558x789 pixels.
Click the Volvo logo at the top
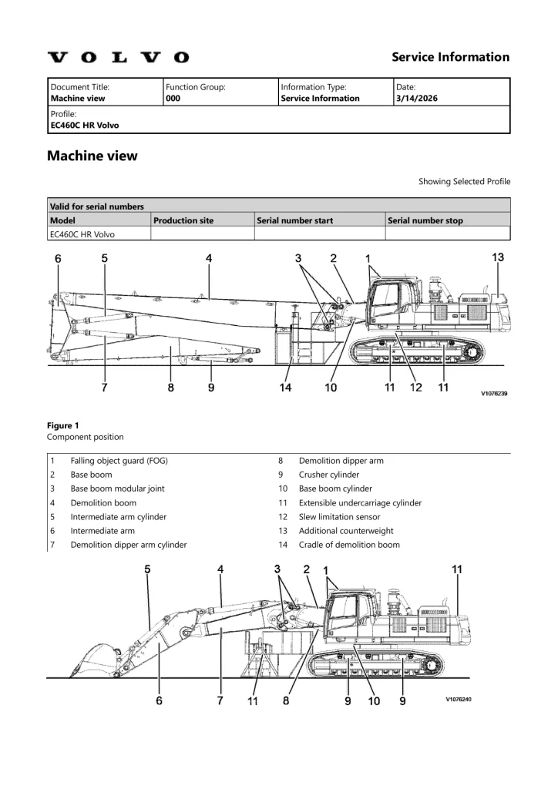(118, 57)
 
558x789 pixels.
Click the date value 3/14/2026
(415, 99)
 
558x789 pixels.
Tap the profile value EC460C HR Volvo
(85, 125)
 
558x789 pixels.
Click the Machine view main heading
(92, 156)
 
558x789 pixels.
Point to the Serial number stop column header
(425, 220)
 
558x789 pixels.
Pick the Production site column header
(183, 220)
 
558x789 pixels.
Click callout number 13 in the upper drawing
(498, 257)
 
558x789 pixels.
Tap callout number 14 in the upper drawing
(286, 388)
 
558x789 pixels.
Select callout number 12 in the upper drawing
(415, 388)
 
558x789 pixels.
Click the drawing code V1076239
(493, 393)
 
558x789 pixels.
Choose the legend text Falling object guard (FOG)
(119, 461)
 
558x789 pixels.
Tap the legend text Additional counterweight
(346, 531)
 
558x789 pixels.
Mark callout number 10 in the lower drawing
(374, 700)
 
